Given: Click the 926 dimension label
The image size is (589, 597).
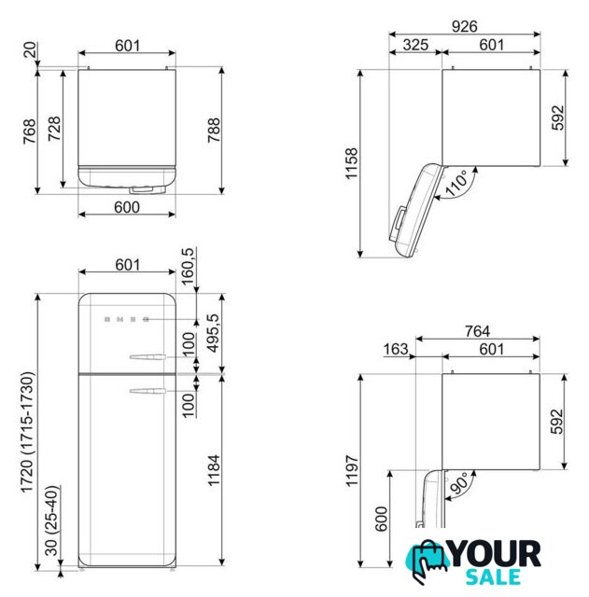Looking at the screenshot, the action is click(x=464, y=26).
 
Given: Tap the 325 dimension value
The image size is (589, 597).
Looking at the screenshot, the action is click(x=415, y=45).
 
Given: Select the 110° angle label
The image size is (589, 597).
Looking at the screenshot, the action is click(x=456, y=184).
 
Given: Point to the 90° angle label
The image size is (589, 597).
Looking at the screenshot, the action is click(x=458, y=483).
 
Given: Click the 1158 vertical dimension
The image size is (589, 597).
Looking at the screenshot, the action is click(x=351, y=163).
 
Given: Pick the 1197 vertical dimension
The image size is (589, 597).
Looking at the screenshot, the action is click(x=351, y=470).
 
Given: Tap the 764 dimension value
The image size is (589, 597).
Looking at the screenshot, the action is click(x=477, y=331).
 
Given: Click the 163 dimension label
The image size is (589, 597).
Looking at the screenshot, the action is click(x=396, y=349).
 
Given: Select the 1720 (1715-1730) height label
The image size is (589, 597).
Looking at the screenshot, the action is click(x=28, y=433).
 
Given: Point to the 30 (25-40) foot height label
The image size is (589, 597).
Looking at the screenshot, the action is click(x=52, y=521).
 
